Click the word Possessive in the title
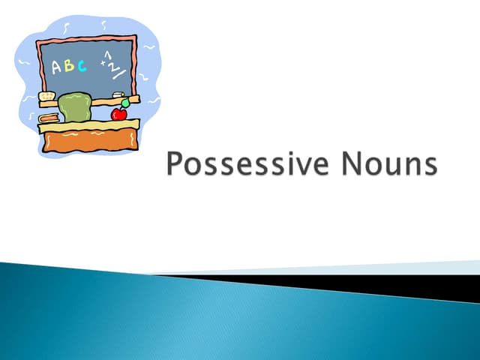point(244,164)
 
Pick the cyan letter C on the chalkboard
point(82,65)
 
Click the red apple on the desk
point(118,114)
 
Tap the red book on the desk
point(49,118)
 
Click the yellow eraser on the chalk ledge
point(48,97)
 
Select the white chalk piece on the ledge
point(118,94)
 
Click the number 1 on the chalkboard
point(107,55)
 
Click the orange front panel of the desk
point(90,141)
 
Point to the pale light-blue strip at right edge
point(450,266)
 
